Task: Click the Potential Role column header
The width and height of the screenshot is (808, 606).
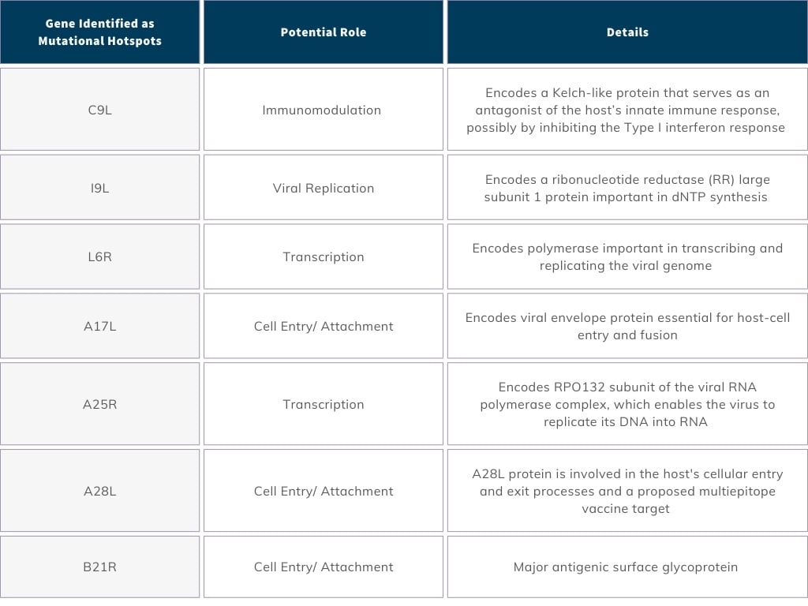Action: (x=323, y=32)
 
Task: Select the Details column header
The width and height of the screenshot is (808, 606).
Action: (x=627, y=32)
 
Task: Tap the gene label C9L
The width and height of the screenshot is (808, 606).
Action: (x=99, y=110)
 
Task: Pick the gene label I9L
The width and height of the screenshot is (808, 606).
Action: (x=99, y=188)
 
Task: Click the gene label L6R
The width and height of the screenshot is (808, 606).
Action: (x=99, y=256)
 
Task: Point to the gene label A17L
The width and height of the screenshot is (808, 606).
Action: (x=99, y=326)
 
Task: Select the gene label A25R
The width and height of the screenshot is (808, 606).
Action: (x=99, y=404)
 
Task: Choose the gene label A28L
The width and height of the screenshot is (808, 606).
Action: (x=99, y=491)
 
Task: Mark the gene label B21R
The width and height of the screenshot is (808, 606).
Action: (x=99, y=567)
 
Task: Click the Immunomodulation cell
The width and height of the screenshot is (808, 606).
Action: (x=321, y=110)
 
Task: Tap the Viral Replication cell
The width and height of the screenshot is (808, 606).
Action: (x=323, y=188)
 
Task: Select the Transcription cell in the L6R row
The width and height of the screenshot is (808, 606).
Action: (x=323, y=256)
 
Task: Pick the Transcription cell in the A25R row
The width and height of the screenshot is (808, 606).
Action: (x=323, y=404)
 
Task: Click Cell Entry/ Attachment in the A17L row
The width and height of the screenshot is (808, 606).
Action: (x=323, y=326)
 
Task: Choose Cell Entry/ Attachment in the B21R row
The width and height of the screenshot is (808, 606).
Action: (x=323, y=567)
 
